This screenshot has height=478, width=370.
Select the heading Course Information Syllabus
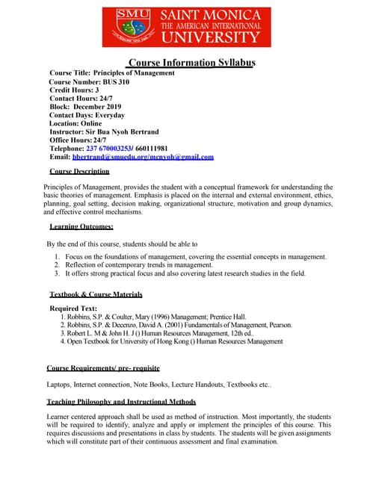tap(192, 62)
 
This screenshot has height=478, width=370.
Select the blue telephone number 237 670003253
tap(119, 149)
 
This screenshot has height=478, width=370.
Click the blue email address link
tap(143, 157)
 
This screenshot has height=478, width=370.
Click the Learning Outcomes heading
tap(81, 226)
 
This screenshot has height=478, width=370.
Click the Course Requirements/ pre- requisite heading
tap(102, 368)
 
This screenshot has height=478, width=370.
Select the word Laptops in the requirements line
tap(61, 385)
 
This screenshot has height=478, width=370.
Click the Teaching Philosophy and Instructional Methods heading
tap(121, 402)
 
